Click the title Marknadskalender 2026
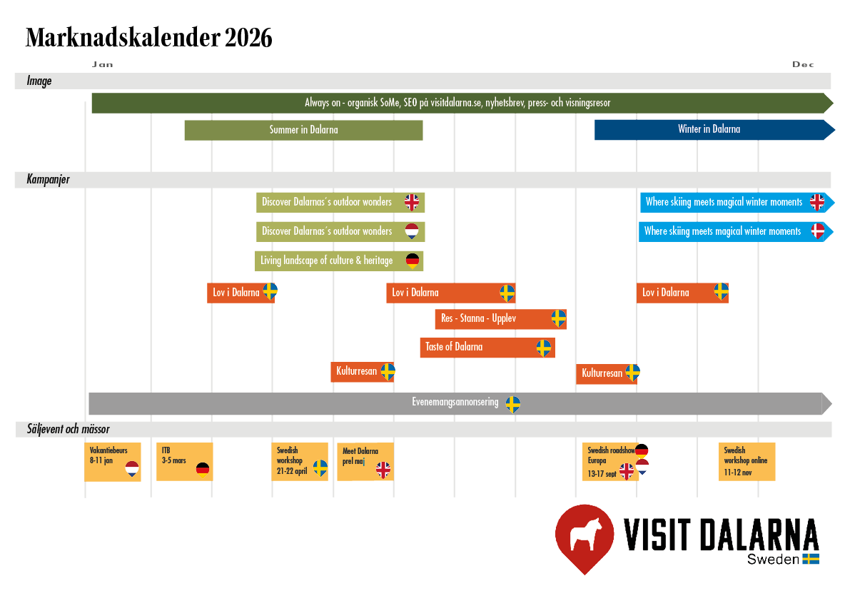tap(148, 37)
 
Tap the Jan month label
tap(102, 64)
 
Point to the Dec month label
tap(803, 64)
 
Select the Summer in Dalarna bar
tap(303, 130)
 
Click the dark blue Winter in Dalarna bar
tap(709, 129)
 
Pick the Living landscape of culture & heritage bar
tap(327, 261)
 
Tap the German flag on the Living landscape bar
tap(413, 260)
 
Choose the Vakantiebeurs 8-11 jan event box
tap(112, 462)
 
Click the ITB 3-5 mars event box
tap(184, 462)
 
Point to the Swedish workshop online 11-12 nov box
tap(747, 461)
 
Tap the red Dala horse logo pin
tap(585, 536)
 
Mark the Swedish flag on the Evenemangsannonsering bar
tap(512, 404)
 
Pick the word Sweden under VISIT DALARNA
tap(773, 560)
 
